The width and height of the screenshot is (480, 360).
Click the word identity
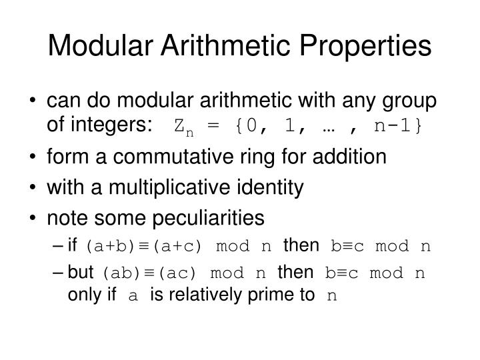pos(275,188)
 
